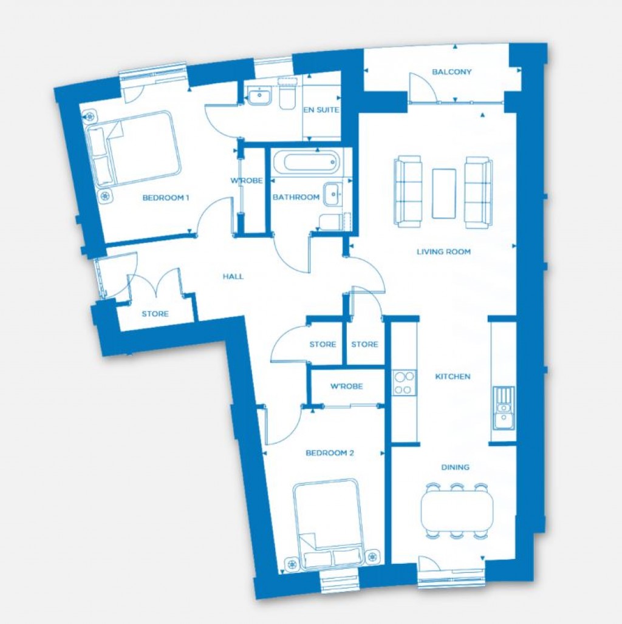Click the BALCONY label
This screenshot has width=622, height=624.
coord(451,72)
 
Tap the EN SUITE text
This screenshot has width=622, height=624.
coord(321,110)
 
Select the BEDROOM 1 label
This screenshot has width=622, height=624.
coord(166,198)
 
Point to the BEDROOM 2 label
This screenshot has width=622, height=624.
coord(330,453)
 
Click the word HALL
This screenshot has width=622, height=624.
coord(233,277)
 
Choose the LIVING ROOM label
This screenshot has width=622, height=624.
coord(443,251)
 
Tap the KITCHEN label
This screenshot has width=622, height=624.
coord(453,376)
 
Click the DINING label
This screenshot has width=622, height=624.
coord(455,467)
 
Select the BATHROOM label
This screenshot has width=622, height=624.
coord(296,197)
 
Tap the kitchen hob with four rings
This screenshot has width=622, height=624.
coord(404,383)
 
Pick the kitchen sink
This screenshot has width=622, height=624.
coord(504,408)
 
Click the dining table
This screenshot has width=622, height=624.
coord(457,510)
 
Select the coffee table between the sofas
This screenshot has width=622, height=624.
coord(444,194)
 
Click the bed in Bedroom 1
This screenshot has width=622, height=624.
coord(134,149)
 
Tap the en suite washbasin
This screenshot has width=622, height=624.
coord(259,96)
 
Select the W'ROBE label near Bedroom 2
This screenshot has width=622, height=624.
coord(346,386)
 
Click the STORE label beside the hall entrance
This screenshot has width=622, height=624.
coord(155,314)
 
